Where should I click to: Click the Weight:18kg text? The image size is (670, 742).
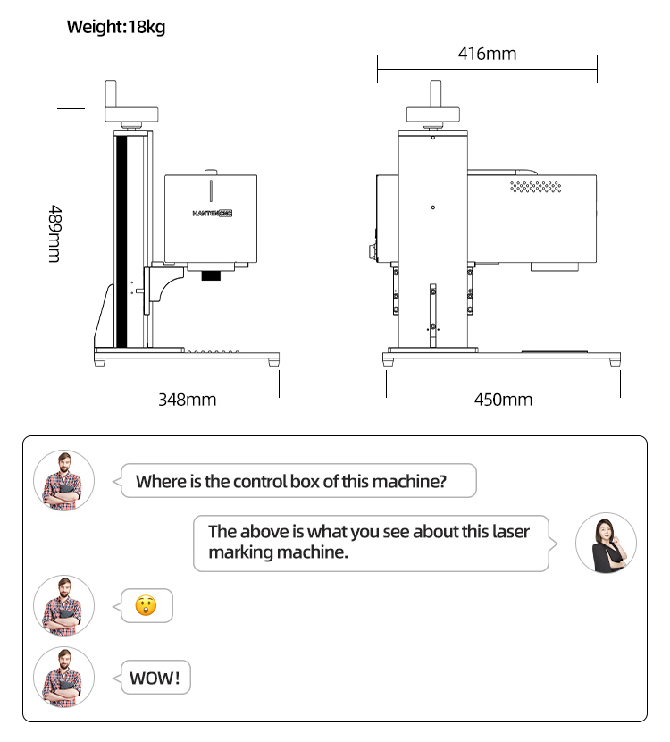click(x=116, y=27)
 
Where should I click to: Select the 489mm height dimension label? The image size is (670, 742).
click(x=54, y=233)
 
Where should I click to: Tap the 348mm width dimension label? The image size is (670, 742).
click(x=188, y=400)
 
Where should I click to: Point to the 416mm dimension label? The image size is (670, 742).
click(x=487, y=54)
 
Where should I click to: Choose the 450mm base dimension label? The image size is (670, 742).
click(x=503, y=400)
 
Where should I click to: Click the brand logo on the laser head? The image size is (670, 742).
click(x=213, y=214)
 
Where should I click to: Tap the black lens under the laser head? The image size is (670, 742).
click(x=211, y=275)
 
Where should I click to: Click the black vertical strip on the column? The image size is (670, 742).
click(x=121, y=241)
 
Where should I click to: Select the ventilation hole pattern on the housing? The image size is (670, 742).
click(x=536, y=187)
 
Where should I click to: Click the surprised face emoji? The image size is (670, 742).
click(x=146, y=605)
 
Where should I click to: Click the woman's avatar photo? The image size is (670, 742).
click(x=606, y=543)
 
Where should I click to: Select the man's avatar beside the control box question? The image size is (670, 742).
click(x=63, y=480)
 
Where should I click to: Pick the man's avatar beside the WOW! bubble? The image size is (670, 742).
click(x=63, y=677)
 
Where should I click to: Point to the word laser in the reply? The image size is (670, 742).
click(x=511, y=531)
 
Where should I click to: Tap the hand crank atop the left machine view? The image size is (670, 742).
click(x=131, y=104)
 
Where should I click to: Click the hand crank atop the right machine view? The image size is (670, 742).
click(x=433, y=104)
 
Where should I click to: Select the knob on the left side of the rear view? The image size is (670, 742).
click(x=373, y=252)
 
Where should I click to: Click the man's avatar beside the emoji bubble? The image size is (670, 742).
click(x=63, y=606)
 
